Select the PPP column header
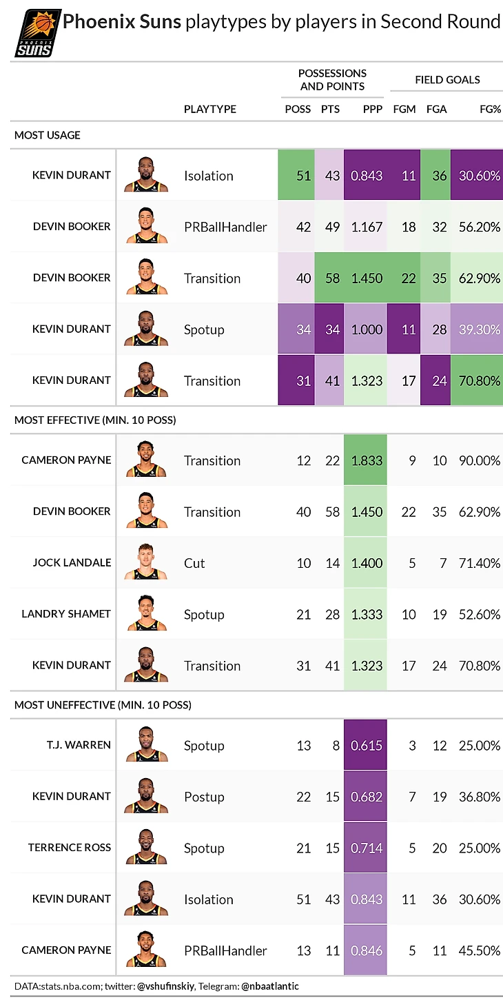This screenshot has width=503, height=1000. [x=371, y=109]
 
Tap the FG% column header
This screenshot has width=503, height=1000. [x=490, y=109]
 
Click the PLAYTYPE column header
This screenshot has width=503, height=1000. [x=209, y=109]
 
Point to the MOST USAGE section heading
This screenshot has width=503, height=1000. [x=47, y=135]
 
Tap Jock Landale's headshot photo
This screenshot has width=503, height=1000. [x=146, y=564]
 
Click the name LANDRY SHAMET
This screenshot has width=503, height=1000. [x=66, y=614]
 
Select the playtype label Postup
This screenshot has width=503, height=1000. [x=204, y=797]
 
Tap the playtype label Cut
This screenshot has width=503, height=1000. [x=194, y=563]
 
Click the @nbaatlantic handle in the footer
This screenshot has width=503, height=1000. [x=270, y=986]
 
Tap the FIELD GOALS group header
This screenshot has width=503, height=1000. [x=447, y=80]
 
